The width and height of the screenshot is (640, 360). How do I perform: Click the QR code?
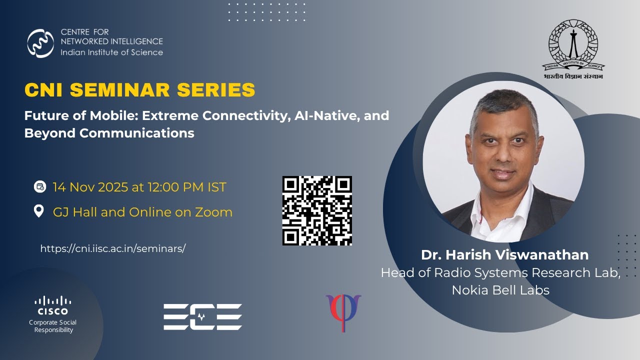pyautogui.click(x=317, y=210)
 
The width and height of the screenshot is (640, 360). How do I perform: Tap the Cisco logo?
pyautogui.click(x=52, y=305)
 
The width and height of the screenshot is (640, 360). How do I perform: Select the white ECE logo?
pyautogui.click(x=202, y=316)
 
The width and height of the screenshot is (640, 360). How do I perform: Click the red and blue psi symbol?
pyautogui.click(x=343, y=312)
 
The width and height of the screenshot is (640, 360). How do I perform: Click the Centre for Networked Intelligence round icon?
pyautogui.click(x=40, y=43)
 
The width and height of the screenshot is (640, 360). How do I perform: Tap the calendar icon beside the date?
pyautogui.click(x=39, y=187)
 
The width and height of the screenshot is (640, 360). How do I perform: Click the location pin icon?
pyautogui.click(x=39, y=211)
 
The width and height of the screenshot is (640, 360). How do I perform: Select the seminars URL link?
pyautogui.click(x=113, y=248)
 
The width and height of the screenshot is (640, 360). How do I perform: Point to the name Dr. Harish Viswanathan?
pyautogui.click(x=504, y=255)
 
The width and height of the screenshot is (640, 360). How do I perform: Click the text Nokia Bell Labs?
pyautogui.click(x=500, y=290)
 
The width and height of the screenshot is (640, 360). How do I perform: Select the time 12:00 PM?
pyautogui.click(x=173, y=187)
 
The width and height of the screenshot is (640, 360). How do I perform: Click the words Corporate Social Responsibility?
pyautogui.click(x=53, y=326)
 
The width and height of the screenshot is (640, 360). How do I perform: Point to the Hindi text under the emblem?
pyautogui.click(x=573, y=76)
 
